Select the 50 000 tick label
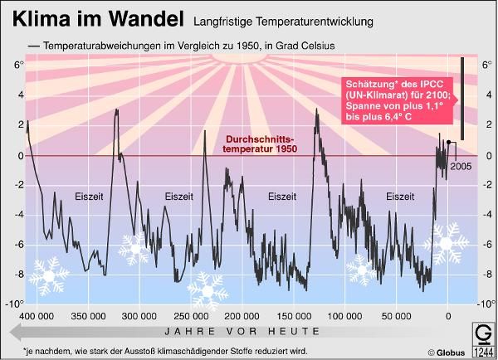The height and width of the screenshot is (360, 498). (x=395, y=316)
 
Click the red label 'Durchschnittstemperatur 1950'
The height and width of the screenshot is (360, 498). (x=261, y=144)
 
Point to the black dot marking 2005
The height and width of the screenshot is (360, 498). (x=448, y=142)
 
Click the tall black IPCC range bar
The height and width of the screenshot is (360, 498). (x=461, y=91)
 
